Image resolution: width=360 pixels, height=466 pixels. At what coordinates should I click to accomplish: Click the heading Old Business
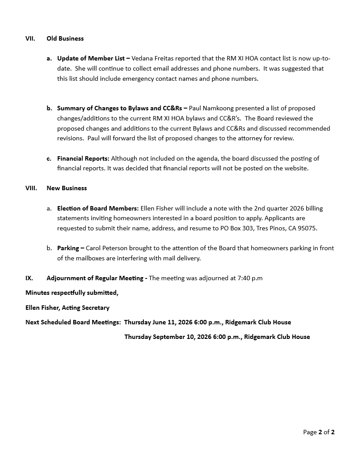point(65,38)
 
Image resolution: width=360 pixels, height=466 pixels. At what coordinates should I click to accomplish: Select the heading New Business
point(67,188)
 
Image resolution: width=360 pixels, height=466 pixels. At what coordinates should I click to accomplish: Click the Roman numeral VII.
point(30,38)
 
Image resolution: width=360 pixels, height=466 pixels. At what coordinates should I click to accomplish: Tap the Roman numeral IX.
point(29,278)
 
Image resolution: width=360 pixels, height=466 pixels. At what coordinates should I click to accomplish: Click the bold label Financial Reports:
point(83,158)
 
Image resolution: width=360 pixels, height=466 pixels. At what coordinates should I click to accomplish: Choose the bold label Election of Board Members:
point(97,208)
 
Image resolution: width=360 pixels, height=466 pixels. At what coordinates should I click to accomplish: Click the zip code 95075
point(307,229)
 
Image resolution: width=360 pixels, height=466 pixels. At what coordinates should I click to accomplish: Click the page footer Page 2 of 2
point(319,432)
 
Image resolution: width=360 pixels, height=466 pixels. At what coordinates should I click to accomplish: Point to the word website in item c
point(295,169)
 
